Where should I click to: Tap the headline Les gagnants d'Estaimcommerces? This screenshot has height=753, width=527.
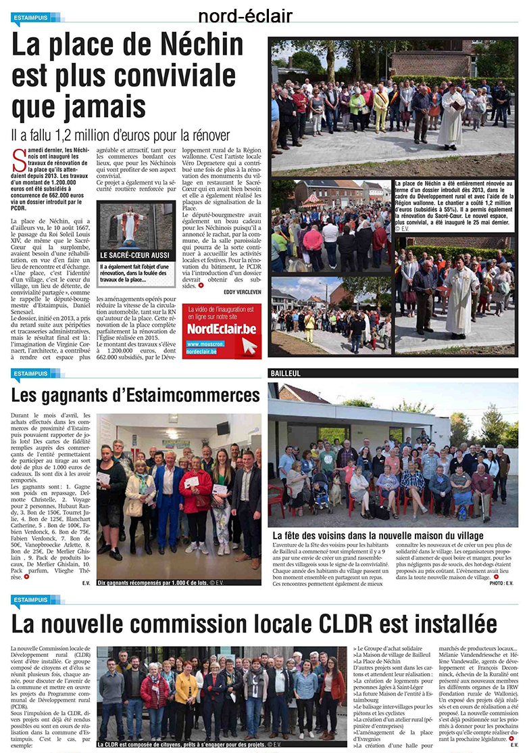[135, 394]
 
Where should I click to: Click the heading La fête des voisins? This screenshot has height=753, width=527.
[378, 535]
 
